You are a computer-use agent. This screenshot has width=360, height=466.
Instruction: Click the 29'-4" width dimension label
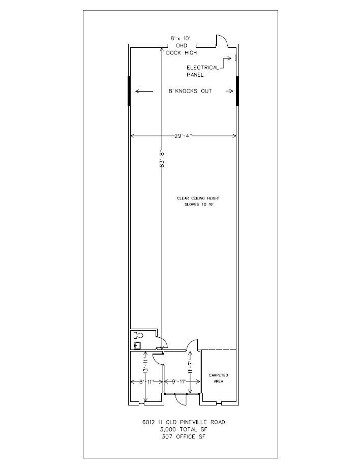pos(184,135)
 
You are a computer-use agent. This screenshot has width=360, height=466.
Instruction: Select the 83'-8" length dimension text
pos(162,159)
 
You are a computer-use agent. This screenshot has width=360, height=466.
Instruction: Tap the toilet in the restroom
pos(137,335)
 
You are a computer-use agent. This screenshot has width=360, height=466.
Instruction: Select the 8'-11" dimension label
pos(137,381)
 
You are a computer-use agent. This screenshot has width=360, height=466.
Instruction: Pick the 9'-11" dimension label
pos(176,381)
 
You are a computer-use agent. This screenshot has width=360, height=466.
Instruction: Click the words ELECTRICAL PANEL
pos(203,71)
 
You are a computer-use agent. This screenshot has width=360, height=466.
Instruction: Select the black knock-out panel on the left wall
pos(129,91)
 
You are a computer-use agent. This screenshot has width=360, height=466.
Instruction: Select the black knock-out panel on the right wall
pos(237,91)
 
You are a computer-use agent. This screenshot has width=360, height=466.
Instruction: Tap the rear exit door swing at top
pos(221,41)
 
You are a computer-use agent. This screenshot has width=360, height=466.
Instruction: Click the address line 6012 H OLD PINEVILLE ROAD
pos(183,422)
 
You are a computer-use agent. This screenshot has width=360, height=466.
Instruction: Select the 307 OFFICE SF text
pos(183,436)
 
